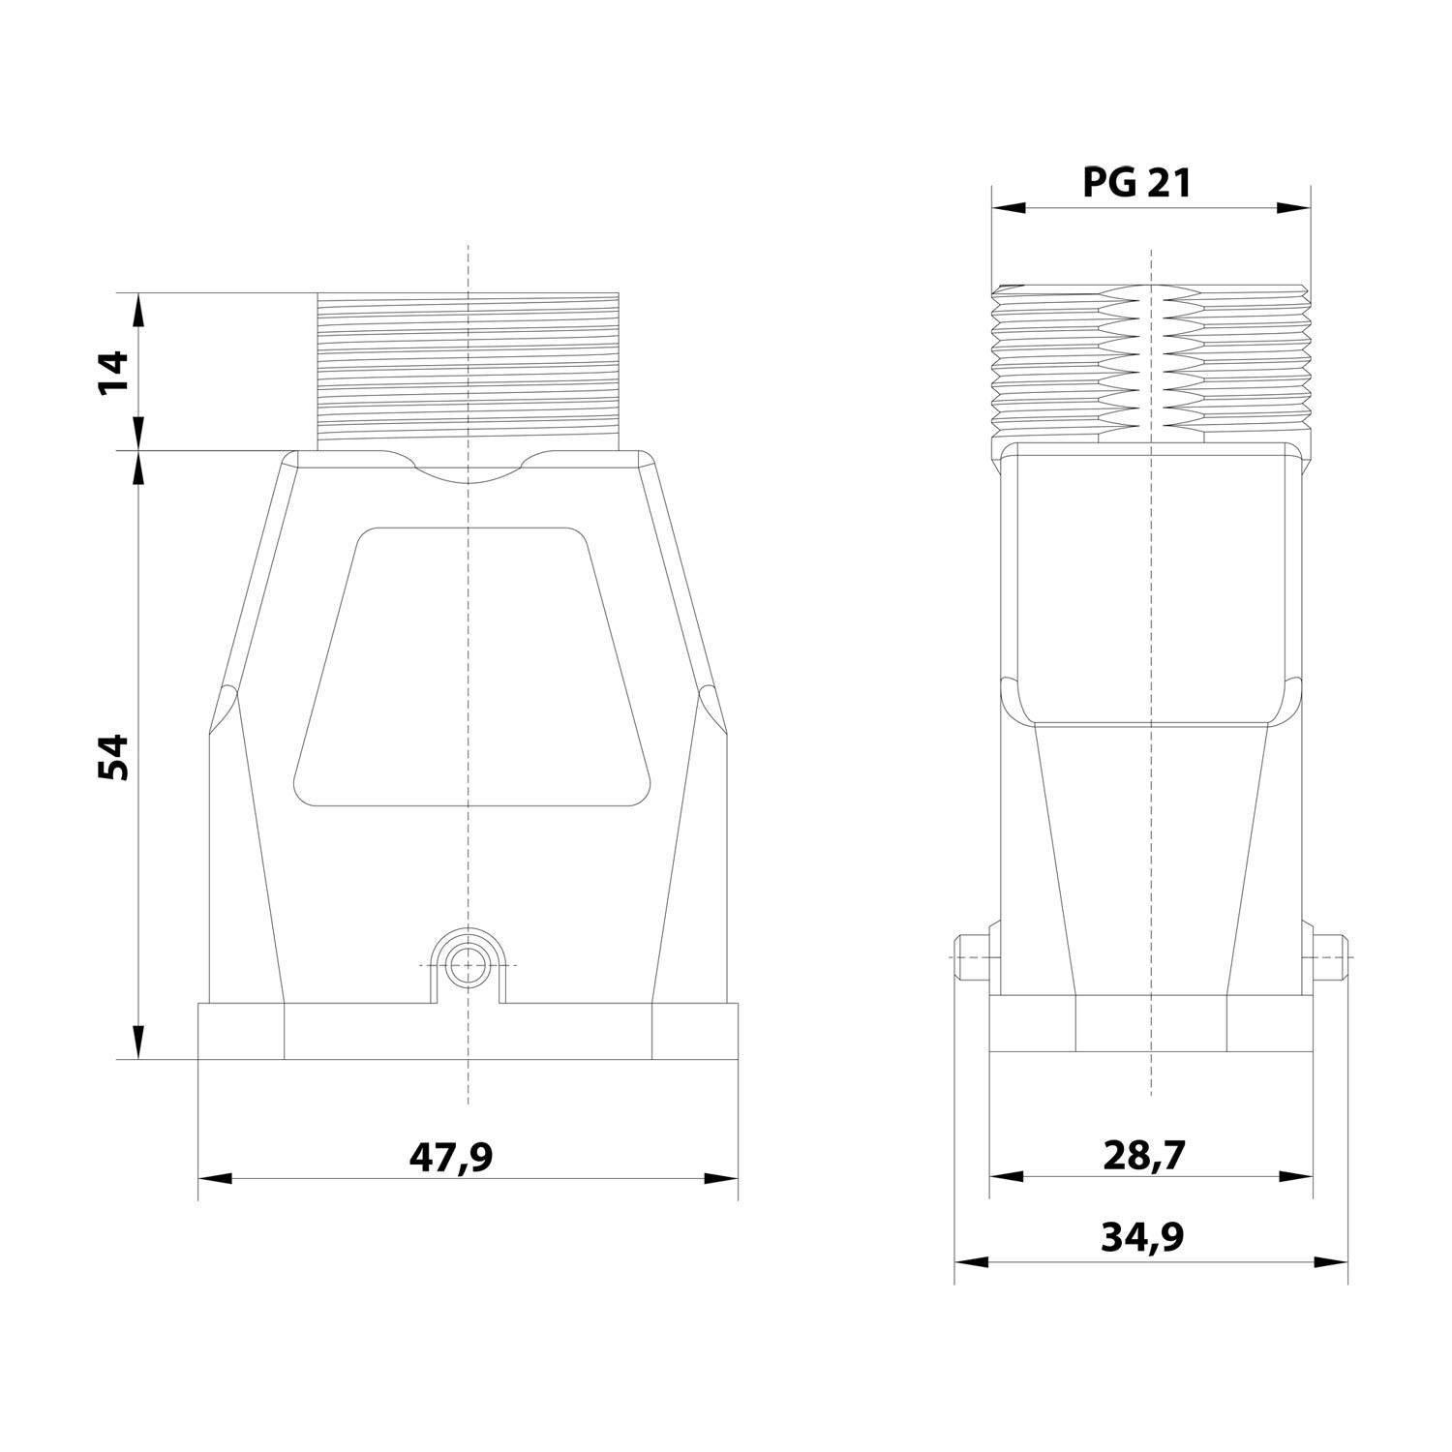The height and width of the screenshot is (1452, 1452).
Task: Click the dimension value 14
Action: pos(113,373)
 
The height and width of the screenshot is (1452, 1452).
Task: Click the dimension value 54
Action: pos(113,757)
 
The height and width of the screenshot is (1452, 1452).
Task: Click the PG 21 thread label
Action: pos(1136,182)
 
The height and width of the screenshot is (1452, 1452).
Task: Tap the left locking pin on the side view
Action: pos(971,956)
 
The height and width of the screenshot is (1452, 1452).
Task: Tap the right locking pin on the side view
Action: pos(1329,956)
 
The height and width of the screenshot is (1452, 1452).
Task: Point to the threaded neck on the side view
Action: pos(1151,363)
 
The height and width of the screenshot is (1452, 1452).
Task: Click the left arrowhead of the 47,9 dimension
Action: pos(215,1179)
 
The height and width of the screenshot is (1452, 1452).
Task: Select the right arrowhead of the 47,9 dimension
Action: pos(721,1179)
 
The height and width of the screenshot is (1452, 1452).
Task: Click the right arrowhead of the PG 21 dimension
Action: pos(1294,207)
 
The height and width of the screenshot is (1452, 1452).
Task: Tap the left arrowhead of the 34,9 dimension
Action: pos(971,1262)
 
